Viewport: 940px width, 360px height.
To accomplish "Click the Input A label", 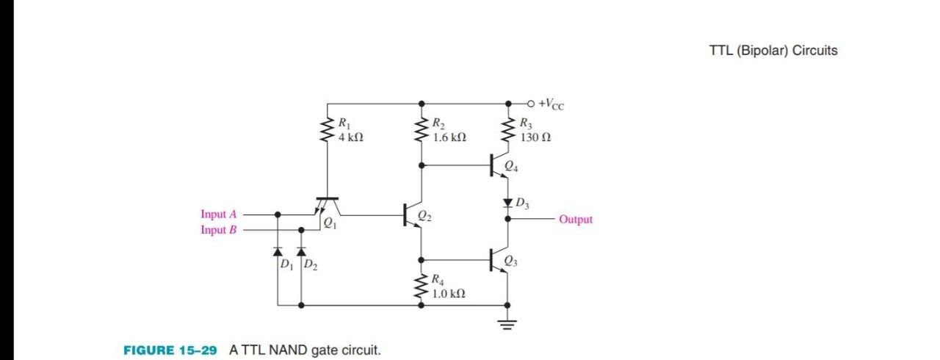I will (219, 215).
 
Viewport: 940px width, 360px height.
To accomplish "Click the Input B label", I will (219, 230).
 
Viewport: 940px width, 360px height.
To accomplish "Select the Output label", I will (575, 219).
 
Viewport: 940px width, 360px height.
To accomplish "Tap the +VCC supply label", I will (551, 104).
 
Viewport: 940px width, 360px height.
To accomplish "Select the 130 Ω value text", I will (535, 137).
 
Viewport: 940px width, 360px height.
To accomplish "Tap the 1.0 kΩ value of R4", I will (449, 293).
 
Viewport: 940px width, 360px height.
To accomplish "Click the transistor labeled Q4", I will (499, 167).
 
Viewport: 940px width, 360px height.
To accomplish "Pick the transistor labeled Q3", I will (499, 260).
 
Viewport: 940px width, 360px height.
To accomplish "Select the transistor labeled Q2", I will (413, 215).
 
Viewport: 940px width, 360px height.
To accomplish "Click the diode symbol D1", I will (278, 252).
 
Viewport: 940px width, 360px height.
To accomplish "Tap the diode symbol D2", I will (300, 252).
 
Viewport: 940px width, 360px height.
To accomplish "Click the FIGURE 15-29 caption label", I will (170, 350).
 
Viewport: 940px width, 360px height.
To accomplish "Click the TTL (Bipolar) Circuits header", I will (773, 51).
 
